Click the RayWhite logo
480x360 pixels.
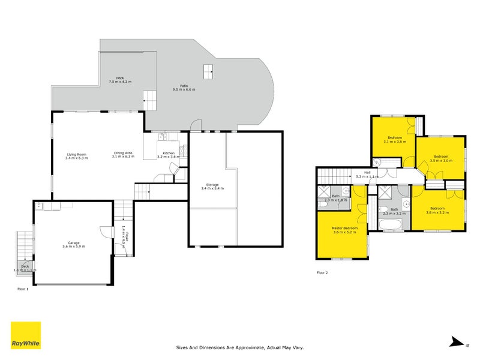[26, 335]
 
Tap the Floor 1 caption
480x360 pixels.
[23, 289]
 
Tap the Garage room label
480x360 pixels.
[73, 244]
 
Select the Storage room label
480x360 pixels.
[212, 186]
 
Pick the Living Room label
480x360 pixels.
[77, 156]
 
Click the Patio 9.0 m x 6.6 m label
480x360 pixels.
[184, 88]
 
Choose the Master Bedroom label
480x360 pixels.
[345, 230]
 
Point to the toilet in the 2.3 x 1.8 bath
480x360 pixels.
[323, 204]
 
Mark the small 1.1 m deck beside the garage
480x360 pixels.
[25, 268]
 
